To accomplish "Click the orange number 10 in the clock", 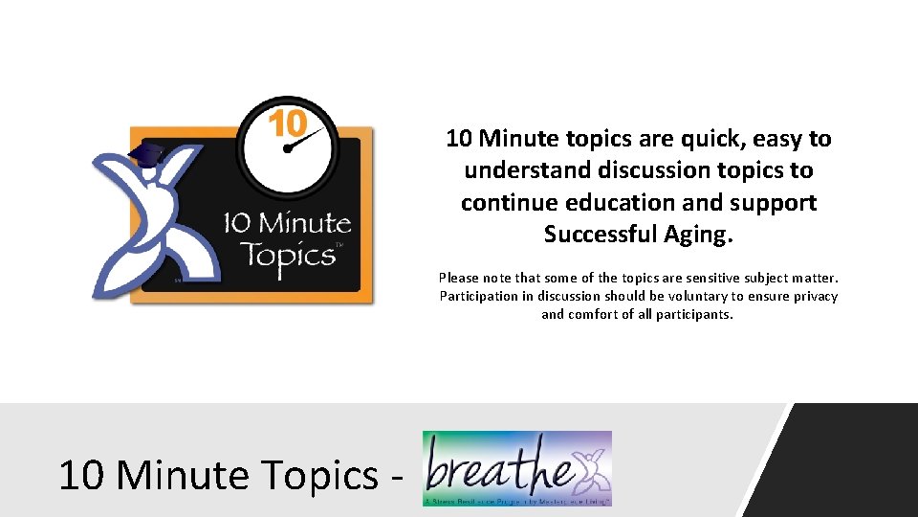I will (286, 124).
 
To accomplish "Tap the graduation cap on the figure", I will (146, 154).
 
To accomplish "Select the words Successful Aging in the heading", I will (638, 234).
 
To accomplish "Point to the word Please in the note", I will (460, 278).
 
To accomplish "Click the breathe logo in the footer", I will (516, 468).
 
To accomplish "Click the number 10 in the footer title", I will (78, 475).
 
